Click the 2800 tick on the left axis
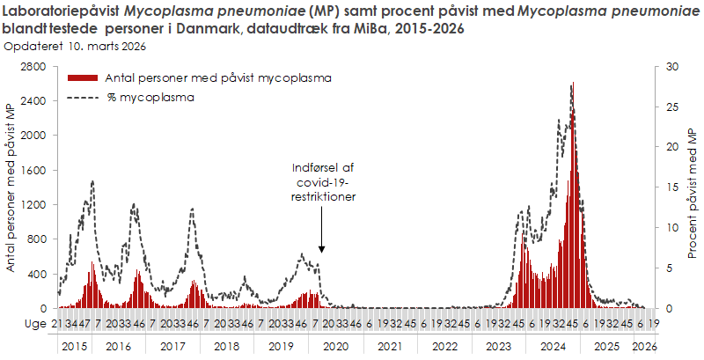coord(33,66)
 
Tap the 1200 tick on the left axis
coord(33,205)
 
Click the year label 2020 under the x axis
coord(335,346)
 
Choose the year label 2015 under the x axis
coord(73,346)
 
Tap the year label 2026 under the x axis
coord(644,346)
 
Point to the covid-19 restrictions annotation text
coord(322,182)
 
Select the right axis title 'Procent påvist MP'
coord(693,187)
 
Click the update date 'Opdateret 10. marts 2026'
coord(75,45)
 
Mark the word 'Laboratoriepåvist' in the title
coord(51,11)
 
